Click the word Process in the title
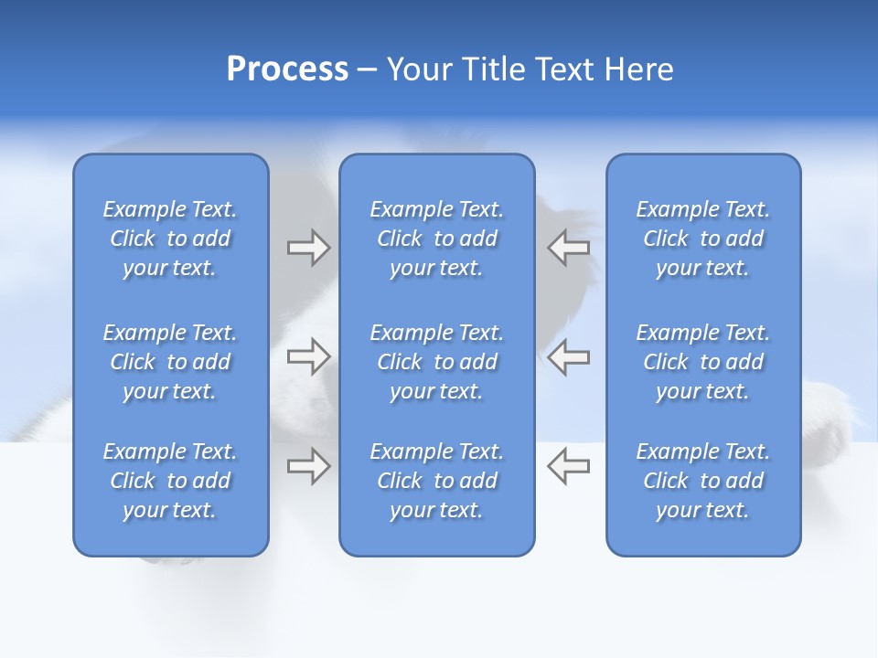click(287, 69)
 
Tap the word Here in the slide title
click(639, 69)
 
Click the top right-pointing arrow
click(308, 248)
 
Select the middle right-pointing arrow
click(308, 356)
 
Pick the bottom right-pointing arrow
click(308, 466)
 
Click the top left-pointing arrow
click(568, 248)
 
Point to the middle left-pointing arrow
click(568, 356)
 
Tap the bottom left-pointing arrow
click(568, 466)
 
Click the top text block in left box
click(170, 239)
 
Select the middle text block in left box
click(170, 362)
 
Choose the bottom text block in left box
click(170, 481)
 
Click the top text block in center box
click(437, 239)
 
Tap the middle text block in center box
click(437, 362)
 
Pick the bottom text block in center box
click(437, 481)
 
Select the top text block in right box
click(703, 239)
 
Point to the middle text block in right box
click(703, 362)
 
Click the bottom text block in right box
click(703, 481)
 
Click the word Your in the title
click(418, 69)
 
